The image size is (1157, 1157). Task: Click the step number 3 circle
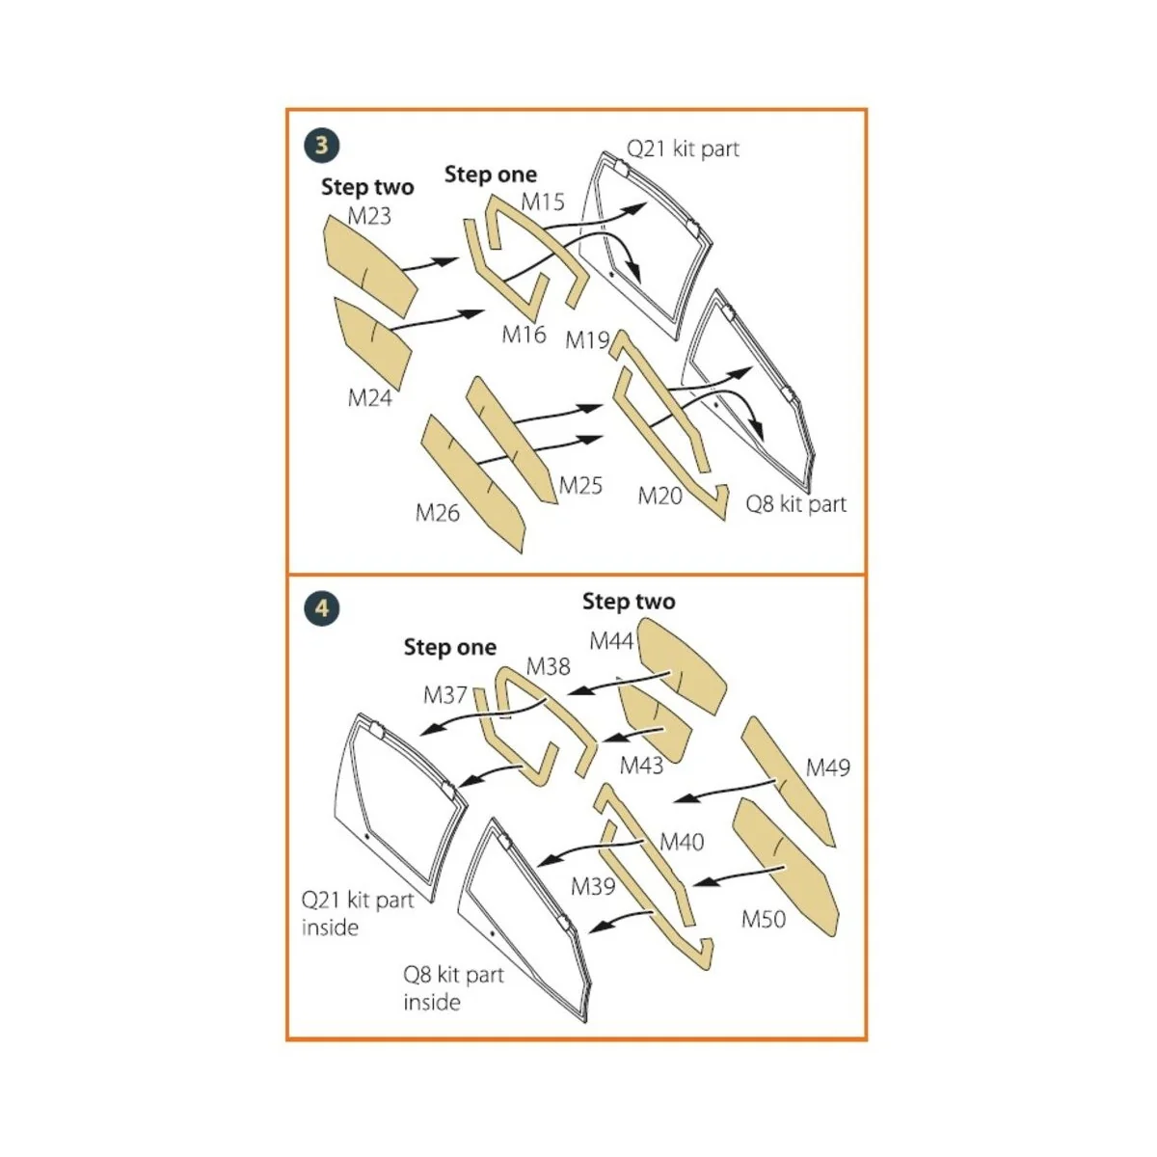pyautogui.click(x=322, y=146)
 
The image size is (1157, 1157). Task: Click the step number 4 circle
pyautogui.click(x=322, y=608)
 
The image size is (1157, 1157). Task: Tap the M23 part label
pyautogui.click(x=369, y=216)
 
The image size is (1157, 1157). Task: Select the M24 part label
pyautogui.click(x=370, y=397)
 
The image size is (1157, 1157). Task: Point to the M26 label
pyautogui.click(x=438, y=513)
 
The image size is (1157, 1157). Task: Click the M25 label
pyautogui.click(x=580, y=485)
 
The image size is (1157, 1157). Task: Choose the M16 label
pyautogui.click(x=524, y=335)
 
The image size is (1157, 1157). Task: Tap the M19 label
pyautogui.click(x=587, y=340)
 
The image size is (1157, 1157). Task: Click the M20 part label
pyautogui.click(x=660, y=496)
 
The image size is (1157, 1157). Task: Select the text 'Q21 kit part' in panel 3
pyautogui.click(x=683, y=148)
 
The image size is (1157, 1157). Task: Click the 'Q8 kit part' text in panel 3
pyautogui.click(x=795, y=504)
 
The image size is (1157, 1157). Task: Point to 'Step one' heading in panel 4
pyautogui.click(x=450, y=647)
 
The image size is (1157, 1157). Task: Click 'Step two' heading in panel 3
pyautogui.click(x=367, y=187)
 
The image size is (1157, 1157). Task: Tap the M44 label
pyautogui.click(x=611, y=641)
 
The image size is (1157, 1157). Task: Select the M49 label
pyautogui.click(x=828, y=767)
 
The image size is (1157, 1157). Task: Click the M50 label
pyautogui.click(x=764, y=919)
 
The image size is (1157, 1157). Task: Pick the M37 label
pyautogui.click(x=444, y=694)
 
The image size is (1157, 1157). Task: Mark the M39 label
pyautogui.click(x=592, y=885)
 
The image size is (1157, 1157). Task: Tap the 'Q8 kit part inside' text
pyautogui.click(x=452, y=988)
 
